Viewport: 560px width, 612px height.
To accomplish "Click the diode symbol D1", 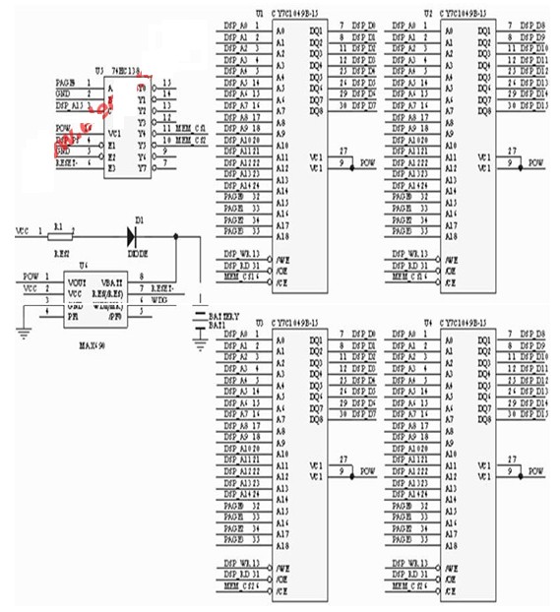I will tap(131, 235).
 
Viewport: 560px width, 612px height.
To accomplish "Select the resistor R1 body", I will tap(60, 235).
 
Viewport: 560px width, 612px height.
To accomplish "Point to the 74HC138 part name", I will tap(123, 71).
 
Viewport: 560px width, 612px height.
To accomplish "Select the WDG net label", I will tap(160, 300).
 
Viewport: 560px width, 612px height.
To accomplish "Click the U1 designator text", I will tap(260, 13).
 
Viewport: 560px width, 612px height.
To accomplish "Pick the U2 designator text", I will tap(427, 13).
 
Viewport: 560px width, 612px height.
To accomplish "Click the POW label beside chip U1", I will tap(368, 161).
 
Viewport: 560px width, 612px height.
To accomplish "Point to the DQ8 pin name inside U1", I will tap(315, 111).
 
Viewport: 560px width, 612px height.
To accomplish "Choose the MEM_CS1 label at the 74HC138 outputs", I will tap(191, 130).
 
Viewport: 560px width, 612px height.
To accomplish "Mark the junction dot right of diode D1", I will tap(175, 235).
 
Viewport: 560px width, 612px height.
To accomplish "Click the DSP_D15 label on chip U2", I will tap(535, 107).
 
